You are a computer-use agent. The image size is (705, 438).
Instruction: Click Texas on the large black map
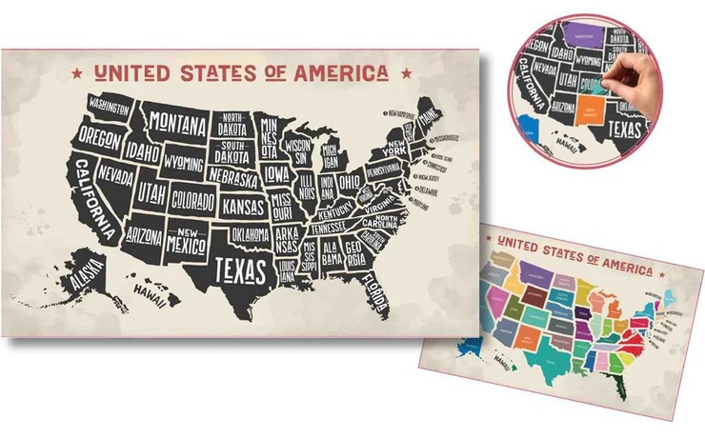pos(239,269)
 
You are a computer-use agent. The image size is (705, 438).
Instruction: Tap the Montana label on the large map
pos(178,125)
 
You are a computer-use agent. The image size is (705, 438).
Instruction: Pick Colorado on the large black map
pos(192,201)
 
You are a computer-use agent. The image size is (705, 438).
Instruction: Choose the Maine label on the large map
pos(430,117)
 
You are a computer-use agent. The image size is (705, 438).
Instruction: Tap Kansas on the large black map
pos(244,206)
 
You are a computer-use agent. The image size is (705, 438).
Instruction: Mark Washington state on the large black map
pos(111,104)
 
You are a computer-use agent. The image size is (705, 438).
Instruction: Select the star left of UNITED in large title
pos(76,72)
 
